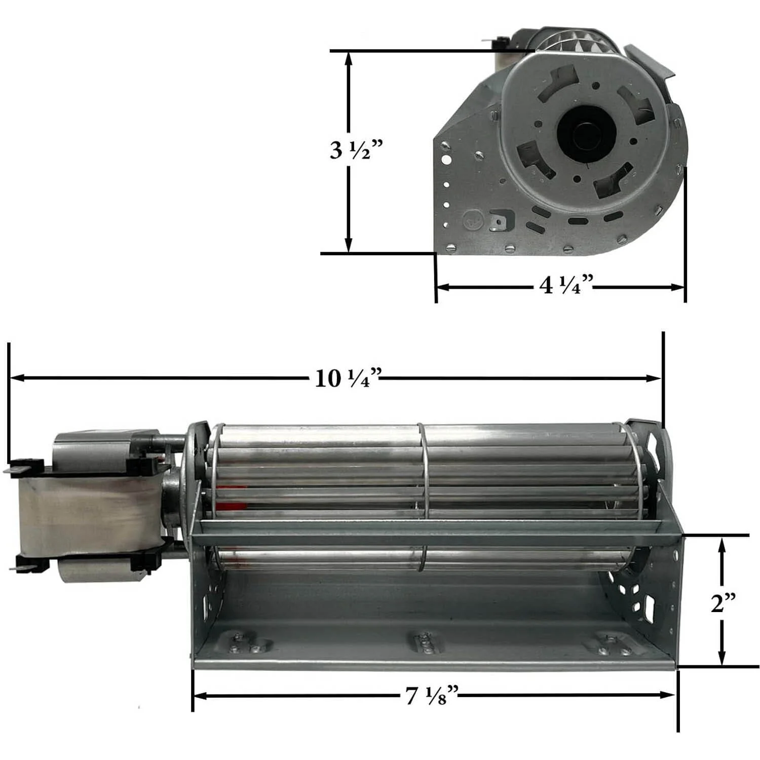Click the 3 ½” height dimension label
[x=356, y=150]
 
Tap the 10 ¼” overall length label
[x=348, y=378]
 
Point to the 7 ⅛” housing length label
[x=432, y=696]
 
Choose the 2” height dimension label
[x=723, y=603]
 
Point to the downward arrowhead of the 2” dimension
[x=722, y=658]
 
